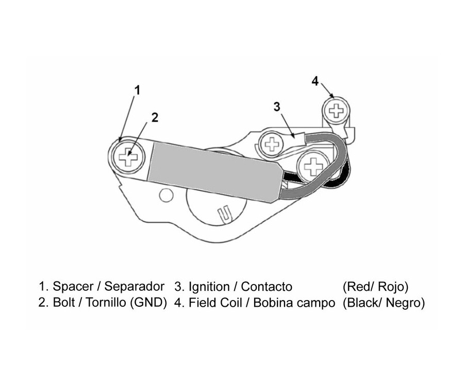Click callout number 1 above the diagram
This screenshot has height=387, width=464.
(x=137, y=91)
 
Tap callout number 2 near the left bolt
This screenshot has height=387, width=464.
(x=155, y=117)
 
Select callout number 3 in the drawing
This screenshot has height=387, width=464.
(x=277, y=107)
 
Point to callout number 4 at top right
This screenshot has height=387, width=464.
(x=316, y=80)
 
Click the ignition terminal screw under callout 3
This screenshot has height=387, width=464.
(x=271, y=143)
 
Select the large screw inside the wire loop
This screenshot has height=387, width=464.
(x=313, y=166)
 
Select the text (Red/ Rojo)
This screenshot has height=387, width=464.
(x=375, y=287)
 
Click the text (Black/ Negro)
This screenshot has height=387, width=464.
(x=384, y=303)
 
